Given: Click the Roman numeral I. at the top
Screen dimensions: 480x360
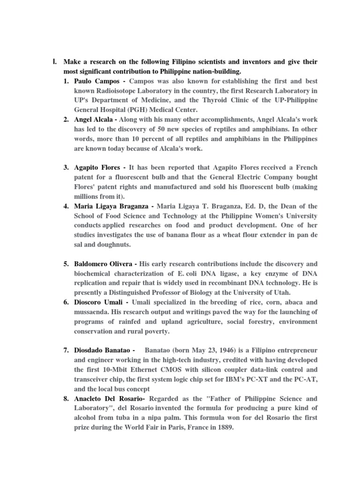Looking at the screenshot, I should point(54,62).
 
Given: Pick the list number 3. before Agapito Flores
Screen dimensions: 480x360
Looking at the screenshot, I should point(67,167).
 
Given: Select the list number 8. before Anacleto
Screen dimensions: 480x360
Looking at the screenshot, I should point(67,399).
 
